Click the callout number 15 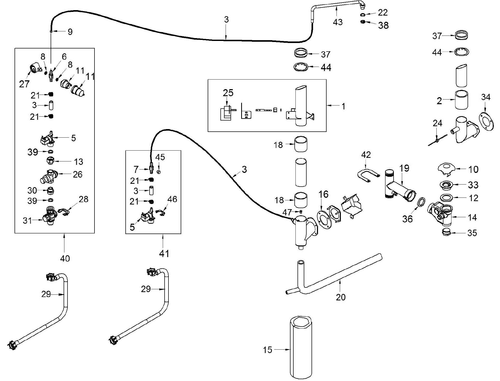267,350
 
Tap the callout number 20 341,297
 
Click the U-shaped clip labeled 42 369,175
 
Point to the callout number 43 338,22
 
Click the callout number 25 228,93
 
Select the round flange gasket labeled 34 486,121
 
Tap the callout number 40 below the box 65,258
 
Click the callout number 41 164,253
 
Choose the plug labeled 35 446,232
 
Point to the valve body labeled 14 440,214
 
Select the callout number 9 70,32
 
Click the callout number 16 323,194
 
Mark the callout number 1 343,106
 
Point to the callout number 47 287,213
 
